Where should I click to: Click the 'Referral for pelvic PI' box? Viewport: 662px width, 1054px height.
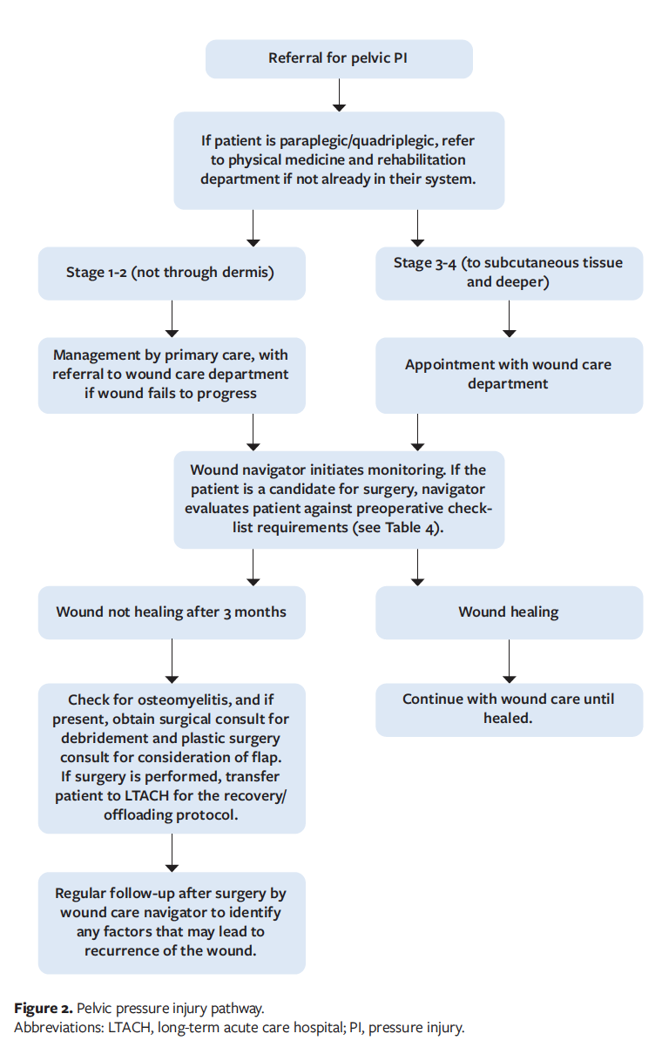pyautogui.click(x=339, y=58)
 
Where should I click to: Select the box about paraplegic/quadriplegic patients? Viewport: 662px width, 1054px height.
pyautogui.click(x=339, y=160)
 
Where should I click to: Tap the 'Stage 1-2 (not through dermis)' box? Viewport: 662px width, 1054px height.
pyautogui.click(x=172, y=273)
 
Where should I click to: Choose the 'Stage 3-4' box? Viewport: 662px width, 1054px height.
pyautogui.click(x=509, y=273)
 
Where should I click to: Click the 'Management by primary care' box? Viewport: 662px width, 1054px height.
pyautogui.click(x=172, y=375)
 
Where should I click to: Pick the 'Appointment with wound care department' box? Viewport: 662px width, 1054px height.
pyautogui.click(x=509, y=375)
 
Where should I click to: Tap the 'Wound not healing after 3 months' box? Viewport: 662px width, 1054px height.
pyautogui.click(x=172, y=611)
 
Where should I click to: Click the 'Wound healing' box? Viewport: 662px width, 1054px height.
pyautogui.click(x=509, y=611)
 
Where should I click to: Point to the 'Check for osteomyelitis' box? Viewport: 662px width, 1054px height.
pyautogui.click(x=172, y=758)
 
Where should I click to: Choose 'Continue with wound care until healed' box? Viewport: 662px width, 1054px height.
pyautogui.click(x=509, y=709)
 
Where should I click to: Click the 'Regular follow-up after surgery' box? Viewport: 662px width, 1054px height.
pyautogui.click(x=172, y=922)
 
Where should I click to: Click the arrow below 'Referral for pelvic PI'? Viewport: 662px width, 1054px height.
pyautogui.click(x=339, y=95)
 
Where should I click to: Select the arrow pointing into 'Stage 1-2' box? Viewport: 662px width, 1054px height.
pyautogui.click(x=253, y=228)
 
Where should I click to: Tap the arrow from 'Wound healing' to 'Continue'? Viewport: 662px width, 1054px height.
pyautogui.click(x=509, y=661)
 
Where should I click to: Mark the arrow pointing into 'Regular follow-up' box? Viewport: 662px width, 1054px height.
pyautogui.click(x=172, y=853)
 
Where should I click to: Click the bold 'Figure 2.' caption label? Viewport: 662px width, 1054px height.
pyautogui.click(x=43, y=1008)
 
